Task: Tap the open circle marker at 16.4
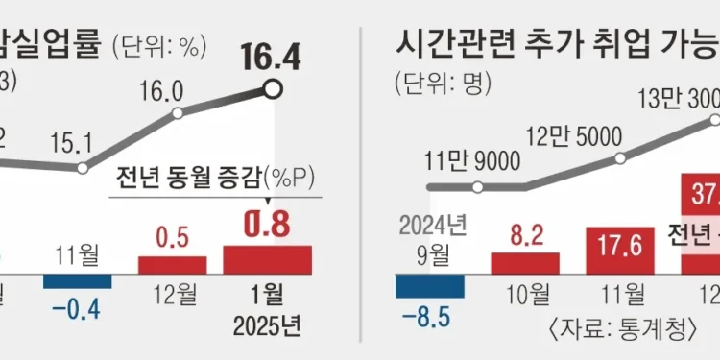tap(273, 90)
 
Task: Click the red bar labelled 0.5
tap(172, 265)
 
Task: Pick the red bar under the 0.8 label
tap(268, 259)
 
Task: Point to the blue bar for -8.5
tap(430, 286)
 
